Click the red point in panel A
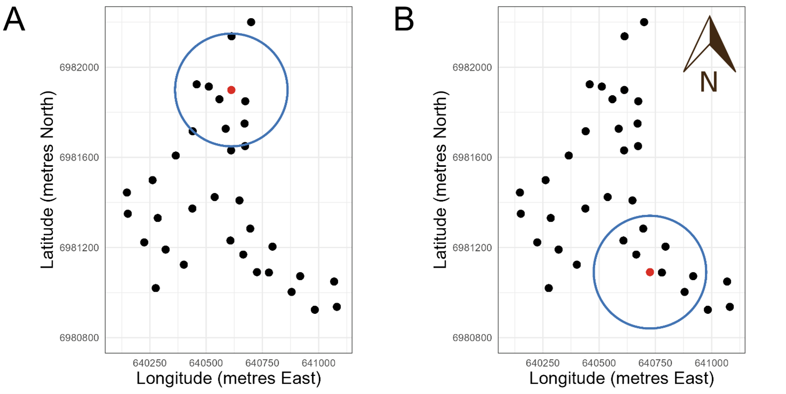click(231, 90)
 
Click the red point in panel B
click(650, 272)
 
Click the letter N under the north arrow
click(709, 83)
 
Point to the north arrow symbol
click(710, 45)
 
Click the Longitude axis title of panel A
click(229, 378)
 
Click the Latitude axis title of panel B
click(442, 180)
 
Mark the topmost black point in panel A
click(251, 22)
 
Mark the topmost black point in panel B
click(644, 22)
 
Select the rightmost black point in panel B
click(730, 307)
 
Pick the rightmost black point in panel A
click(337, 307)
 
